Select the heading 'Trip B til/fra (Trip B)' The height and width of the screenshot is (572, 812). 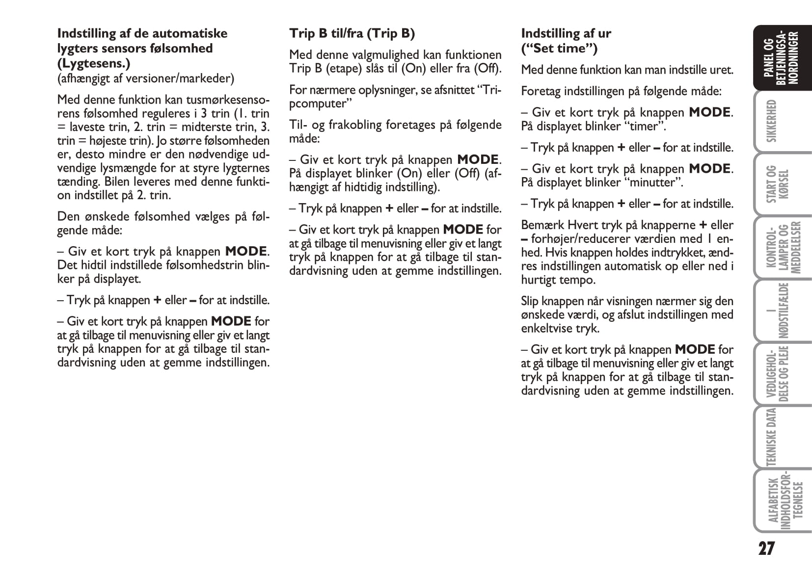[352, 33]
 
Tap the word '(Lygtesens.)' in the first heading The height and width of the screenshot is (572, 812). [93, 63]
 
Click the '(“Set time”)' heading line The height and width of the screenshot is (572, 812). [559, 48]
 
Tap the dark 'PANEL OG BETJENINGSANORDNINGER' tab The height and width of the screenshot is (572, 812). [781, 57]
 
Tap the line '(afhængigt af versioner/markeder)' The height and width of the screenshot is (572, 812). [145, 78]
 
